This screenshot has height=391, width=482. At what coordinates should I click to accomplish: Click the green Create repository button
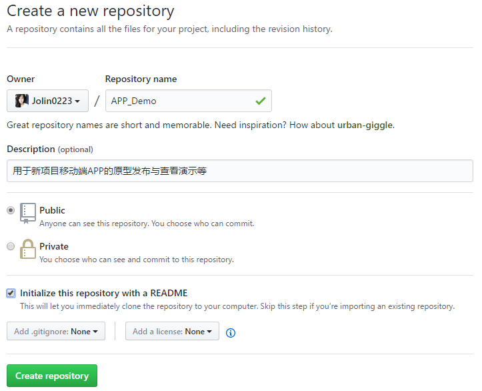pos(52,376)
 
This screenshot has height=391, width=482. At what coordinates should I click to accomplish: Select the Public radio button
pos(11,210)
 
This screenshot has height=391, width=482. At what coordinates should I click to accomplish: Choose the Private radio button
pos(11,246)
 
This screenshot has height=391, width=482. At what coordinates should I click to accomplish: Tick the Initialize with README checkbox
pos(11,293)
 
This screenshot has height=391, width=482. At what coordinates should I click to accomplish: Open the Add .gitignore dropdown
pos(56,331)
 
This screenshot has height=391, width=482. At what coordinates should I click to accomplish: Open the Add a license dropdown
pos(172,331)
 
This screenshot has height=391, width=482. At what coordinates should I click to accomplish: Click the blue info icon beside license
pos(231,332)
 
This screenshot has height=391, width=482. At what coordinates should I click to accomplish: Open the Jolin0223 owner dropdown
pos(47,101)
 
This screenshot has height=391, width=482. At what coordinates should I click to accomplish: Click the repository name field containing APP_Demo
pos(189,101)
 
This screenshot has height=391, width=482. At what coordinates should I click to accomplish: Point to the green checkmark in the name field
pos(261,101)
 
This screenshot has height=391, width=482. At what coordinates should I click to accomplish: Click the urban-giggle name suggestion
pos(365,125)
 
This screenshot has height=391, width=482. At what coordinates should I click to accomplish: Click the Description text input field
pos(240,171)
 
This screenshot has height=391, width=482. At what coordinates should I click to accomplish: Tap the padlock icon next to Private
pos(27,249)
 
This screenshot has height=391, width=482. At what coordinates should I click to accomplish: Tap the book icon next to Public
pos(27,214)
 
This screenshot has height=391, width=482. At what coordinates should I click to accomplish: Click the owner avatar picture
pos(22,101)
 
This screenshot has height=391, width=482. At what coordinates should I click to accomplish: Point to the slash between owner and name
pos(97,101)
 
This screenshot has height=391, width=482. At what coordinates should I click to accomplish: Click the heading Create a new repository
pos(91,11)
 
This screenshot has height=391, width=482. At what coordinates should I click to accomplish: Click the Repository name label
pos(141,79)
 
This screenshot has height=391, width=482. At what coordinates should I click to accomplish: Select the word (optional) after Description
pos(75,149)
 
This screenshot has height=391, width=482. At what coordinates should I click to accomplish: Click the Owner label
pos(21,79)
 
